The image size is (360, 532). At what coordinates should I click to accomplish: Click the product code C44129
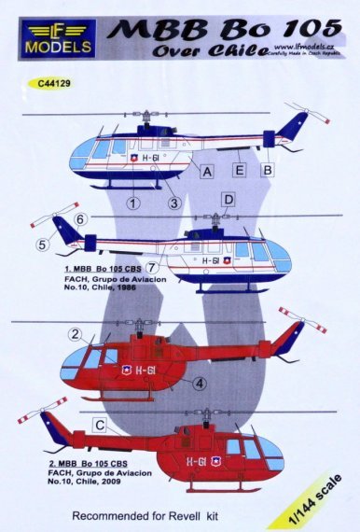[58, 82]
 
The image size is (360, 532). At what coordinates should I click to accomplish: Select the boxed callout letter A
[207, 172]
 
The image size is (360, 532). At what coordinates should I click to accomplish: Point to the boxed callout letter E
[239, 172]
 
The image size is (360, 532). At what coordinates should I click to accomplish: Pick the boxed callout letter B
[267, 172]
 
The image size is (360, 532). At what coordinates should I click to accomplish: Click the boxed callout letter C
[99, 425]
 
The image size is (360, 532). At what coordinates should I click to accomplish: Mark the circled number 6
[80, 220]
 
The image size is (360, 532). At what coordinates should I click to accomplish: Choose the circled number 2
[74, 333]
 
